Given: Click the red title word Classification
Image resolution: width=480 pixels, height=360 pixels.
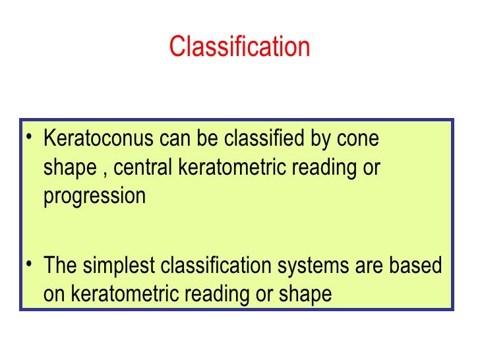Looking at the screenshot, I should point(239,47).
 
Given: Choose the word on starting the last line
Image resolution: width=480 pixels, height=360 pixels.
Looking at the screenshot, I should point(53,295).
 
